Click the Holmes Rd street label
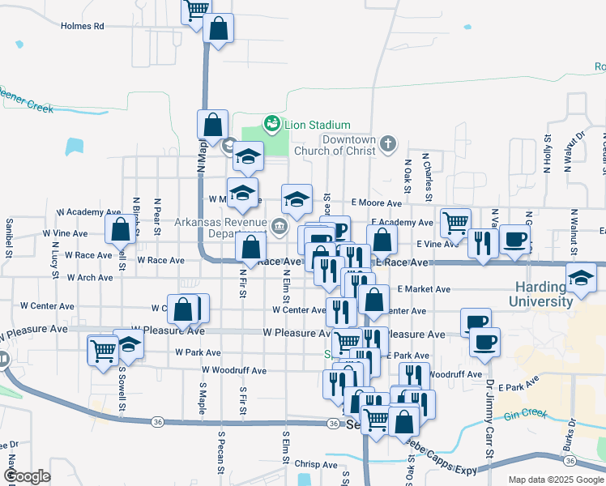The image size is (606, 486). point(83,26)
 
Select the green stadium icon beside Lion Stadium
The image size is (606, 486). point(271,125)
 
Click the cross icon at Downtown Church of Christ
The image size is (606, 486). point(388,144)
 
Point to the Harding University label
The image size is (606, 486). point(540,295)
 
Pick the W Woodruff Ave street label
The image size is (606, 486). point(234,370)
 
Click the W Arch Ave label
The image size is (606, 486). point(90,277)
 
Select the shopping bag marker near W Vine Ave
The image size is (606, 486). point(121,230)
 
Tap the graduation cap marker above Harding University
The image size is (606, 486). point(581,277)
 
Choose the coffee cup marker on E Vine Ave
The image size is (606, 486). point(515,239)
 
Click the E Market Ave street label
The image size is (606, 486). point(424,289)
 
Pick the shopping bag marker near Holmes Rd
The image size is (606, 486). point(220,28)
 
